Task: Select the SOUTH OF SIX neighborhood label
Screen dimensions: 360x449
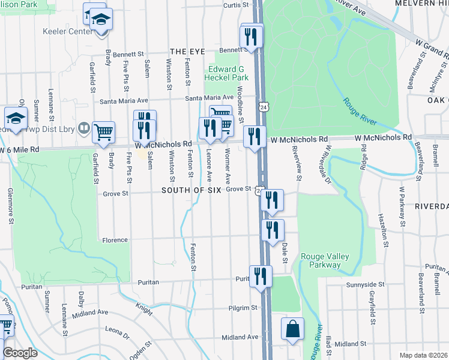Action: click(x=187, y=190)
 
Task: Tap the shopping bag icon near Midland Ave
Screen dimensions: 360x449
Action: click(x=292, y=330)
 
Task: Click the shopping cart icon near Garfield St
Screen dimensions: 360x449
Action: click(x=104, y=133)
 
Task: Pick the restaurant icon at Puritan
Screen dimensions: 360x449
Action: click(x=261, y=277)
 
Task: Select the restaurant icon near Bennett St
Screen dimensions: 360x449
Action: click(x=252, y=37)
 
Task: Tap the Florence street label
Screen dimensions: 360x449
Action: click(x=115, y=240)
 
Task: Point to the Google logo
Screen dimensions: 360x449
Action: click(x=19, y=353)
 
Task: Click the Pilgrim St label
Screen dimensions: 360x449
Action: click(x=243, y=308)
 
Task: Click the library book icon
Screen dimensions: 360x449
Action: click(x=85, y=129)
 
